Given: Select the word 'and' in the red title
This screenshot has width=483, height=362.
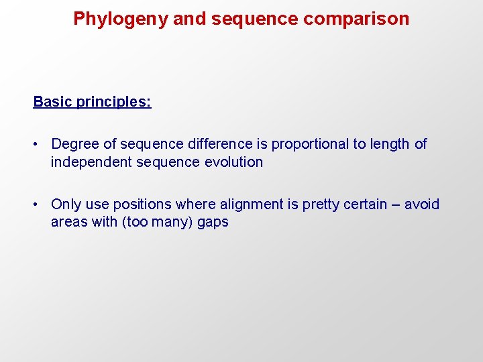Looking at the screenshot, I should pyautogui.click(x=189, y=19).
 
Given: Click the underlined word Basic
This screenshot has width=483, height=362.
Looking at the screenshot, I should pyautogui.click(x=52, y=102).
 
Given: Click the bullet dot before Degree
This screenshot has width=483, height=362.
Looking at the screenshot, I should pyautogui.click(x=39, y=144).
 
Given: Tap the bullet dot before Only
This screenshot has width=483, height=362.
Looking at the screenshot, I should pyautogui.click(x=39, y=204).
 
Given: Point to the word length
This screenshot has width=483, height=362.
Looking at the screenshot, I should pyautogui.click(x=390, y=144).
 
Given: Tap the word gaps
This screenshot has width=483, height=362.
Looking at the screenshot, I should pyautogui.click(x=213, y=223).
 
